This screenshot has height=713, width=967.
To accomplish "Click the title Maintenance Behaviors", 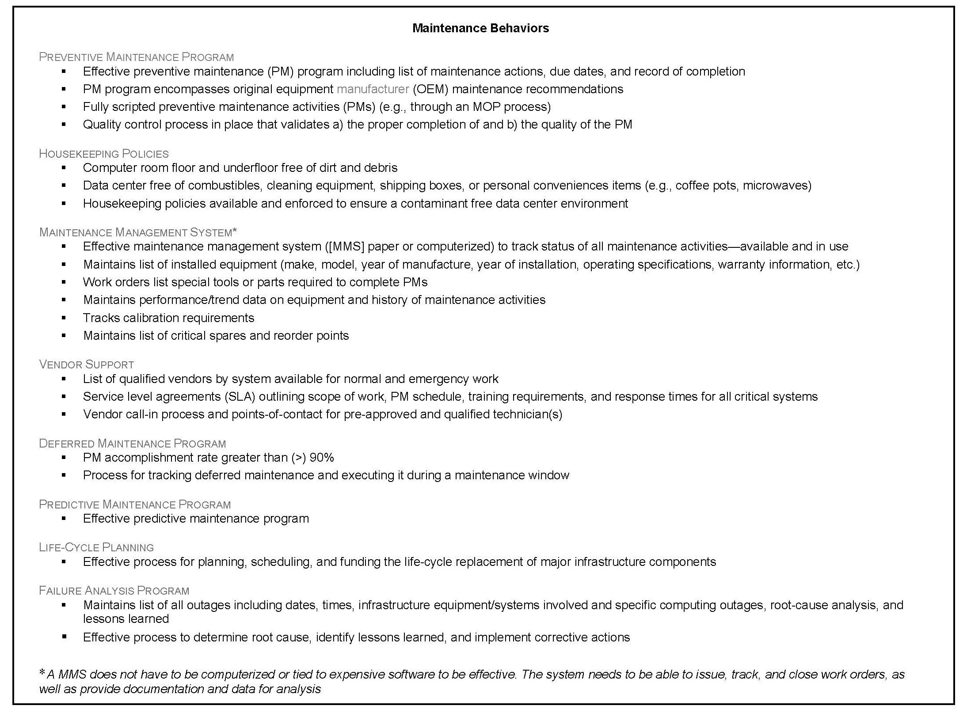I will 480,28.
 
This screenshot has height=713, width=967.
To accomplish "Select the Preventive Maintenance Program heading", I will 136,57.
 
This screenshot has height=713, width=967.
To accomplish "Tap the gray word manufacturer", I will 373,89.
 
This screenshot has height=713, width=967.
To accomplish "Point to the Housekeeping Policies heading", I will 104,154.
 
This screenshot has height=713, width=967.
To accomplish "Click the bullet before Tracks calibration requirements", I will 64,318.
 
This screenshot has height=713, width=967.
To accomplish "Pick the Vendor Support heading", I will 87,364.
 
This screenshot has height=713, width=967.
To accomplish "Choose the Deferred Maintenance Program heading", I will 132,444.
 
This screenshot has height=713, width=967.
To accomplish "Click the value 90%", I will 322,458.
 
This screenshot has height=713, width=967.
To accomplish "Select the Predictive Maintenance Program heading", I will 135,504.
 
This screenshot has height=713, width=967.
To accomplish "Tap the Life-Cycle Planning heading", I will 96,547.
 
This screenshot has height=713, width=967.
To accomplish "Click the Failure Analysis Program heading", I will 114,591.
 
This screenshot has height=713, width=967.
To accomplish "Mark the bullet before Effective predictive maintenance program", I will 64,519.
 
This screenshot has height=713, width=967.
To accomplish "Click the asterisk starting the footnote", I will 42,673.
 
